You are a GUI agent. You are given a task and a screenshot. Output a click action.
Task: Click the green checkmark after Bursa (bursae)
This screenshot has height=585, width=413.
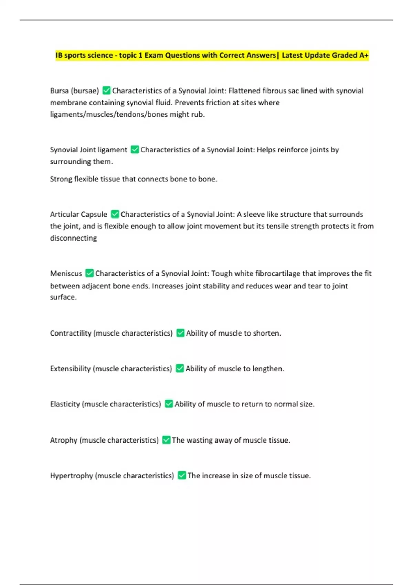click(106, 91)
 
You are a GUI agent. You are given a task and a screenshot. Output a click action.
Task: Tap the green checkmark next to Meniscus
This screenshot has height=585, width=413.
click(89, 273)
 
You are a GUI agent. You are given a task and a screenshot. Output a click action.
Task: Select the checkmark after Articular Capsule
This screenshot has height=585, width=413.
click(115, 214)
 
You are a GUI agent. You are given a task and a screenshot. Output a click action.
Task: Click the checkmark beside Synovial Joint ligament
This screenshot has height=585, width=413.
click(135, 150)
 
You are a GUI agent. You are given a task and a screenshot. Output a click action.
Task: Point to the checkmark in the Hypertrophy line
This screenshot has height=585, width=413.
click(182, 476)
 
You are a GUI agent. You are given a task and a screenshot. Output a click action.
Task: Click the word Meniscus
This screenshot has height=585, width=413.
click(66, 274)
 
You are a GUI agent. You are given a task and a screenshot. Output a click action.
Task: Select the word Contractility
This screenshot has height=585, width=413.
click(71, 333)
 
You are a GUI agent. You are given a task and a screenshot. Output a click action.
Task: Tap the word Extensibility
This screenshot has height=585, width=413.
click(70, 369)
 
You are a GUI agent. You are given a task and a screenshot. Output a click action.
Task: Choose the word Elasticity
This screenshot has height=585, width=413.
click(65, 404)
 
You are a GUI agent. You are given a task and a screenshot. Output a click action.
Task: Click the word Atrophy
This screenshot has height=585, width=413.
click(64, 440)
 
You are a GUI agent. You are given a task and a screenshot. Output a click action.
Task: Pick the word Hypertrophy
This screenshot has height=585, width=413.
click(71, 476)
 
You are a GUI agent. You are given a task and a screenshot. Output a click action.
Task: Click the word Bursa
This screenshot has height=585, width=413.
click(59, 91)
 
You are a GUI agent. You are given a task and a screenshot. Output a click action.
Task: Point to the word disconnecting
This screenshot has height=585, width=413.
click(73, 238)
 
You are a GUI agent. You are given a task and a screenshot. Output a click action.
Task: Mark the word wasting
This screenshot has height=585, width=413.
click(199, 440)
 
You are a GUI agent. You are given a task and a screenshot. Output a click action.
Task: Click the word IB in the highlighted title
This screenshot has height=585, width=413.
click(59, 55)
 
